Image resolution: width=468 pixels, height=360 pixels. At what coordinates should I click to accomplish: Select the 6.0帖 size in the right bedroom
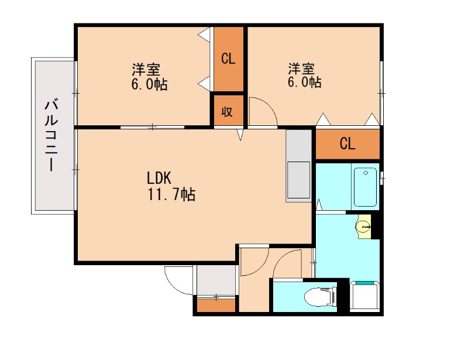pos(304,83)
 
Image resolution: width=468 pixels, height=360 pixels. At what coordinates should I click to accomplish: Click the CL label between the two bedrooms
pos(228,59)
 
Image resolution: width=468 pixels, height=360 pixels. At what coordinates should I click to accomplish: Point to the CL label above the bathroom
pos(347,145)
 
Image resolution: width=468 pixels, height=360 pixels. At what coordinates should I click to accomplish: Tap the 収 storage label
pos(228,111)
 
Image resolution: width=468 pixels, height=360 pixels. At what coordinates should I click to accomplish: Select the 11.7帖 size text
pos(171,194)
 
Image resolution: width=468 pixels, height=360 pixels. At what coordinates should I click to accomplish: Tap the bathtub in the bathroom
pos(366,187)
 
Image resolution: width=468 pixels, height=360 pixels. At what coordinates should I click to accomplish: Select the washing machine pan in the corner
pos(366,297)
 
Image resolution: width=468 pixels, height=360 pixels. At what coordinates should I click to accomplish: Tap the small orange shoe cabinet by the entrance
pos(216,305)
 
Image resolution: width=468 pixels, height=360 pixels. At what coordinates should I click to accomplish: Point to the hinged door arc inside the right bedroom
pos(262,111)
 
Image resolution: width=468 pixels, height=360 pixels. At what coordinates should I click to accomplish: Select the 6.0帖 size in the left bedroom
pos(149,85)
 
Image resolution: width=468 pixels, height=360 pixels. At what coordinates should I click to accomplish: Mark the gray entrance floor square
pos(216,280)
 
